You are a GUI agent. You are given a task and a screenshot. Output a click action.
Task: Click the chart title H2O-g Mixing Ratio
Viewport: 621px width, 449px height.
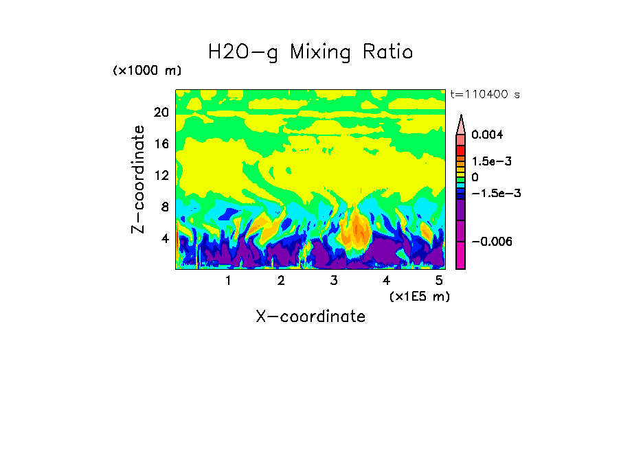(310, 52)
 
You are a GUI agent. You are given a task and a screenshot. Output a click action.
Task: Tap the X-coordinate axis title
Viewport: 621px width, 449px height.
(310, 316)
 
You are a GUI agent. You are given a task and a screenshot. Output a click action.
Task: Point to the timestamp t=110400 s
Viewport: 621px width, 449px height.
(484, 94)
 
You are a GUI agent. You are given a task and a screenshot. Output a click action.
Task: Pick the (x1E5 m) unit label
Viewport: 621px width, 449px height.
(418, 296)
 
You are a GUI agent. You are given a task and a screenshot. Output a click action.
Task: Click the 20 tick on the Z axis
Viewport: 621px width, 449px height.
(161, 113)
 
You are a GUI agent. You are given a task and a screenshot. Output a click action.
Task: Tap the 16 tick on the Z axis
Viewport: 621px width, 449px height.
(161, 144)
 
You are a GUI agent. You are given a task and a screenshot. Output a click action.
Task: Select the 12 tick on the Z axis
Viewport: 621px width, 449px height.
(161, 175)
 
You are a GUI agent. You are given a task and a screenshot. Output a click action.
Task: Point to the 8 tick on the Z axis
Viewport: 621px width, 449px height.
(164, 207)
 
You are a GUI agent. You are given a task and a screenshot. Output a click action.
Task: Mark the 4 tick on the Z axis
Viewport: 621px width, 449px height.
(164, 238)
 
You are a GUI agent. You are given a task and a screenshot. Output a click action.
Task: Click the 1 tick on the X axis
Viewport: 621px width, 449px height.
(228, 281)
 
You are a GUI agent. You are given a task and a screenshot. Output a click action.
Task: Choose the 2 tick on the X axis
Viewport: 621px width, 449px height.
(281, 281)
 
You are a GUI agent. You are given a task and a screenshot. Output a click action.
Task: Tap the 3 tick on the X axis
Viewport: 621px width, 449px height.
(334, 281)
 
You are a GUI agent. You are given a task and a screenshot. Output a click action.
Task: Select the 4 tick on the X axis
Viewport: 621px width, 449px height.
(387, 281)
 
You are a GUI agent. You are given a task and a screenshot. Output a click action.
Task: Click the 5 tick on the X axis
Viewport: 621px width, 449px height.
(439, 281)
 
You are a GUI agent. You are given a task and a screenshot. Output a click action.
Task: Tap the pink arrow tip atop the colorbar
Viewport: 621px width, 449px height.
(460, 124)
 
